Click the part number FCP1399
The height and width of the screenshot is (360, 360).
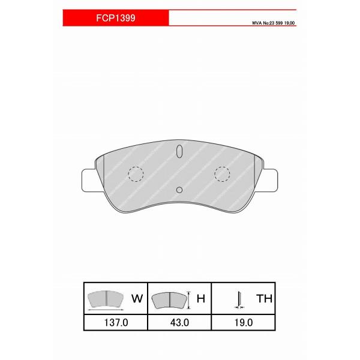pyautogui.click(x=115, y=17)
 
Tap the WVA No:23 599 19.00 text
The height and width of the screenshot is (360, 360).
pyautogui.click(x=273, y=23)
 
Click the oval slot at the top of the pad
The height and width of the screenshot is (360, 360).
pyautogui.click(x=179, y=151)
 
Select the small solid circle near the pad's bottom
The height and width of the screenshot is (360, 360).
pyautogui.click(x=179, y=190)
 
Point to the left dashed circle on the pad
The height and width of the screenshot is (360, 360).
pyautogui.click(x=136, y=174)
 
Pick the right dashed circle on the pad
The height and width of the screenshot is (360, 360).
pyautogui.click(x=222, y=174)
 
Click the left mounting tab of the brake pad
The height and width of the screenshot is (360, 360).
pyautogui.click(x=88, y=180)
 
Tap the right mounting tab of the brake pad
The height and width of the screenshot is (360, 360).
pyautogui.click(x=271, y=180)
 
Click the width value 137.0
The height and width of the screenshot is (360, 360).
pyautogui.click(x=116, y=323)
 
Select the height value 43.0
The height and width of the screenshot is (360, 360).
pyautogui.click(x=179, y=323)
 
